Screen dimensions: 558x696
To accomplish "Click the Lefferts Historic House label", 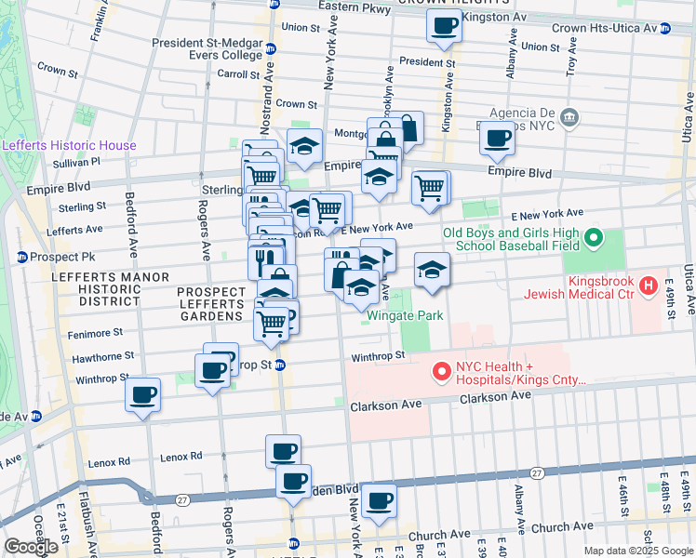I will (69, 145).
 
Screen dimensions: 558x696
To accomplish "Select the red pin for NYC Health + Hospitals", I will (442, 372).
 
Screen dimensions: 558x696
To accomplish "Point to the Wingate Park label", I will (404, 315).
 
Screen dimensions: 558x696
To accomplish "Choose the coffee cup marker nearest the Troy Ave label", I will (497, 139).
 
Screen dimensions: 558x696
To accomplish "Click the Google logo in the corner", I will (31, 547).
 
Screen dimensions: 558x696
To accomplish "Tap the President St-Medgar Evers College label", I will (207, 47).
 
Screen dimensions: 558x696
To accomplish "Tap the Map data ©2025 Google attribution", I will (637, 551).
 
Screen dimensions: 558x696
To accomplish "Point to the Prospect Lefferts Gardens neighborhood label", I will (210, 304).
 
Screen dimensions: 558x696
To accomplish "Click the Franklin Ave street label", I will (98, 23).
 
